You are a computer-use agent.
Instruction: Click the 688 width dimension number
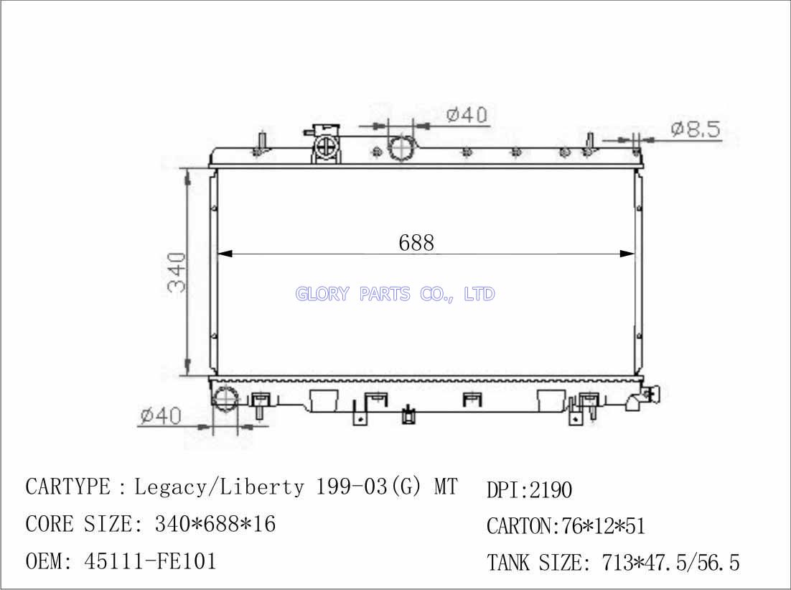point(416,243)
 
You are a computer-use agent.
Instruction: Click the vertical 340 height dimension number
point(177,273)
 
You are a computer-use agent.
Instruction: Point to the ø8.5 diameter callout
point(696,129)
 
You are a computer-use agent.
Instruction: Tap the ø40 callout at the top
point(467,115)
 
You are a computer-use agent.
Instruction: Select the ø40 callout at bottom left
point(160,415)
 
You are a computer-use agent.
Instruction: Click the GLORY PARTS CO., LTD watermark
point(395,293)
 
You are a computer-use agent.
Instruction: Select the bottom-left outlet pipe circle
point(225,399)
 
